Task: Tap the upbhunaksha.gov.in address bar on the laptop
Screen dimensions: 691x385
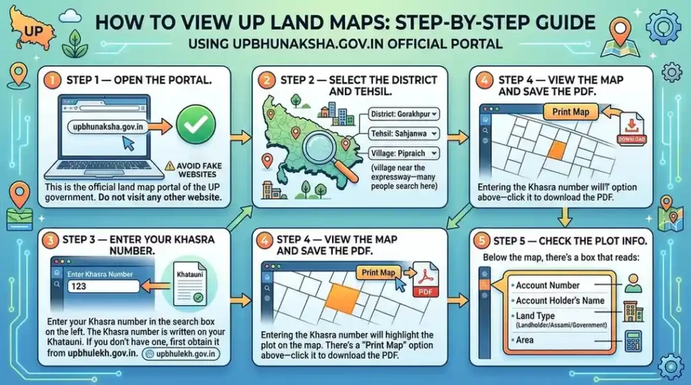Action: pos(108,127)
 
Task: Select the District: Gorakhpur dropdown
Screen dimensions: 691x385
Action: pos(404,114)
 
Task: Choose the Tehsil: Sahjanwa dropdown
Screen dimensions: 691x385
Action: pos(404,134)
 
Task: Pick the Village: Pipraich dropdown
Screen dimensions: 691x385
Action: pos(404,153)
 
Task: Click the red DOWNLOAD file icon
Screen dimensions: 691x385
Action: pos(632,128)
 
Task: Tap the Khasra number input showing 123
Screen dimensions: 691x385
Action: pos(103,287)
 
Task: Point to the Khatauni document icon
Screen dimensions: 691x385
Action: pos(190,284)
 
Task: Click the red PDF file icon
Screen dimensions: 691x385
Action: pos(425,280)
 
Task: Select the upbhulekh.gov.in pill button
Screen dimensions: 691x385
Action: pos(181,354)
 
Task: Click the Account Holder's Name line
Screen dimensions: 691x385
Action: pos(559,301)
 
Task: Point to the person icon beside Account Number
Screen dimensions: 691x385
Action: pos(633,283)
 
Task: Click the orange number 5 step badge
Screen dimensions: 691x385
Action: pos(481,241)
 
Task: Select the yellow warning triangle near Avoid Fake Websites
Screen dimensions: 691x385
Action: pos(169,166)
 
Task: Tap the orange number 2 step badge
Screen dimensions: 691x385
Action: pos(267,81)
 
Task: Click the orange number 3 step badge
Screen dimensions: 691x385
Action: pos(50,241)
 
